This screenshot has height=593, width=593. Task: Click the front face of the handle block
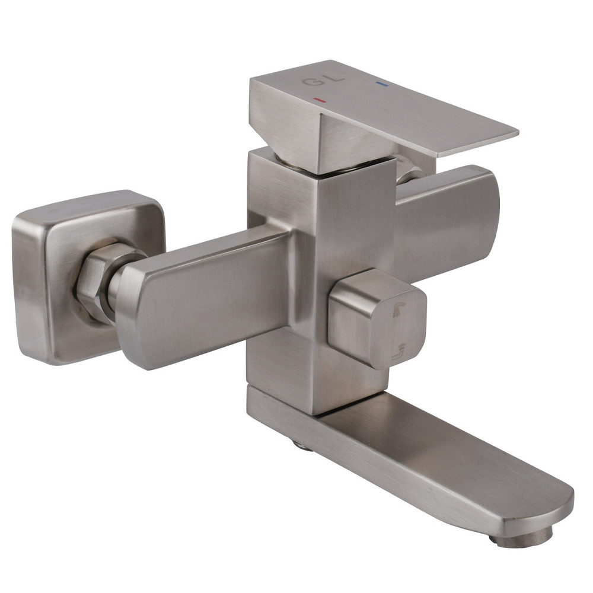[350, 142]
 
